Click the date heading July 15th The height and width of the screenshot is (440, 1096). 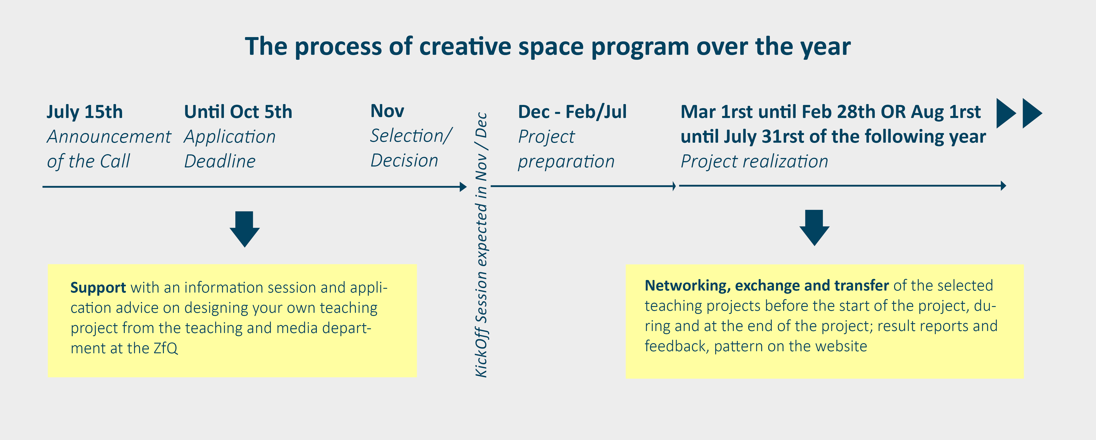[85, 112]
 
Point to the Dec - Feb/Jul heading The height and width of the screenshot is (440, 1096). [572, 112]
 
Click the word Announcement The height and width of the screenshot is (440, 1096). [109, 137]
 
